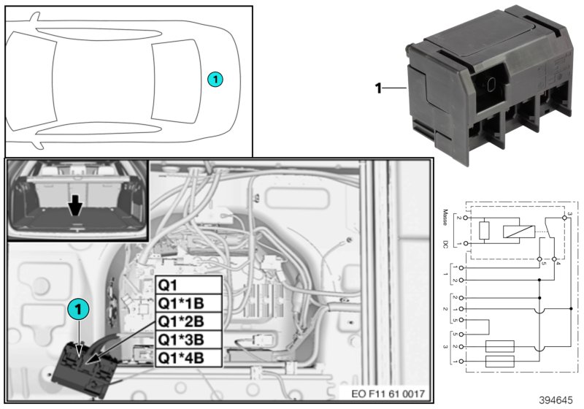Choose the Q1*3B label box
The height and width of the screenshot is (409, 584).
(x=188, y=340)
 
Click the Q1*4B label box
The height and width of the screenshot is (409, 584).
(x=188, y=358)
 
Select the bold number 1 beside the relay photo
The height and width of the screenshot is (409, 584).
(x=379, y=89)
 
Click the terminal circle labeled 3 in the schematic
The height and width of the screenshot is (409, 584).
(x=566, y=218)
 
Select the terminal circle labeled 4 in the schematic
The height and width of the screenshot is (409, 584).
(x=555, y=259)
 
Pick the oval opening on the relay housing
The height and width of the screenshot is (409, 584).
(x=491, y=84)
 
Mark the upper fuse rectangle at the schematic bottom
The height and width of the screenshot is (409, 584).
(x=499, y=346)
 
